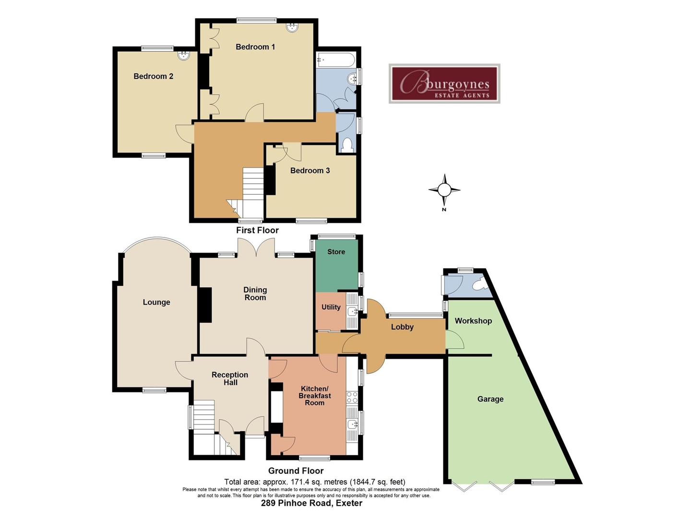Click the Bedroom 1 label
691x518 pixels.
[255, 47]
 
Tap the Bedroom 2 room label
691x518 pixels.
[153, 76]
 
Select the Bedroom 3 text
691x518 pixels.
[310, 170]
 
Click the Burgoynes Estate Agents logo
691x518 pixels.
[444, 83]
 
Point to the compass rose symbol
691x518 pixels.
[444, 190]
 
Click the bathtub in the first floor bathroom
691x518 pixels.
[335, 60]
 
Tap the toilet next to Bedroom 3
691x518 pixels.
[346, 144]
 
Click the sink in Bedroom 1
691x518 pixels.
[292, 27]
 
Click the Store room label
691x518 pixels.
[336, 252]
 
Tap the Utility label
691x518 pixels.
[331, 307]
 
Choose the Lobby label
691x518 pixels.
[402, 327]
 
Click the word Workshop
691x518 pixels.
[473, 321]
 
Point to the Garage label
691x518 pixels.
[490, 399]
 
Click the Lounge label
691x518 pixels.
[156, 302]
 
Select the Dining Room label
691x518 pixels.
[255, 294]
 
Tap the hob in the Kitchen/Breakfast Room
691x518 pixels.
[352, 397]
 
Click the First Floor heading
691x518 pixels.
[257, 230]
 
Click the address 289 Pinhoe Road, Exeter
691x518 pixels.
[311, 503]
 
